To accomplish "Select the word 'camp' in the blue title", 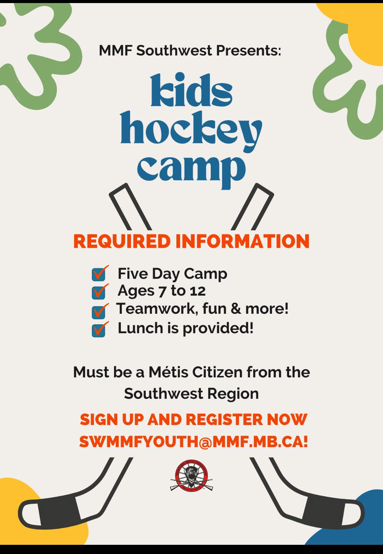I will (x=191, y=169).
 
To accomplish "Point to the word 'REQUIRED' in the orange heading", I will (x=122, y=241).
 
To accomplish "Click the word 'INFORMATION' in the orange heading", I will (x=242, y=241).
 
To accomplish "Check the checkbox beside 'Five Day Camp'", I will (x=98, y=274).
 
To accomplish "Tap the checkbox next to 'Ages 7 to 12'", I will (x=98, y=292).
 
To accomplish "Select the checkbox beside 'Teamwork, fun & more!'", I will (x=98, y=311).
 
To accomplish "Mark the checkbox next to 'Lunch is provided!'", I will (x=98, y=330).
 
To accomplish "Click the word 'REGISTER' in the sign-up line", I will (x=225, y=420).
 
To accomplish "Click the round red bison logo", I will (x=191, y=476).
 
